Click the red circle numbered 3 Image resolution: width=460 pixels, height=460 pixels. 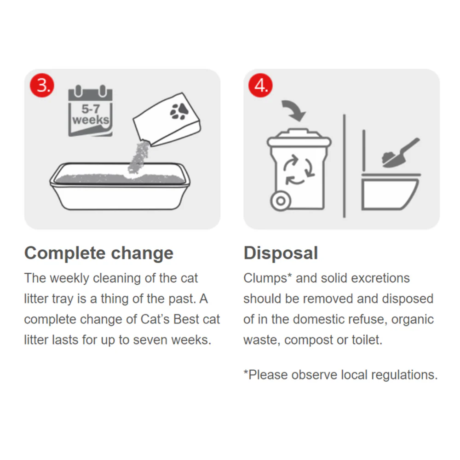[x=42, y=85]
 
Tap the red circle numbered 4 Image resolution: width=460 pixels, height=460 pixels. [x=260, y=85]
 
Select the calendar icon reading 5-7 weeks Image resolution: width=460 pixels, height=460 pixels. [x=90, y=110]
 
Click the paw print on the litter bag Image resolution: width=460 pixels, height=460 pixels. [x=179, y=111]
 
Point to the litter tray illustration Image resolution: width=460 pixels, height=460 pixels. [x=120, y=186]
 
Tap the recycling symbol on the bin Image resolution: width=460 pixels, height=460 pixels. [x=299, y=170]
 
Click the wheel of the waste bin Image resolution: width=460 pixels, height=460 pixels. [x=281, y=201]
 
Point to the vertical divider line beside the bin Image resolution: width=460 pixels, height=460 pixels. [x=344, y=166]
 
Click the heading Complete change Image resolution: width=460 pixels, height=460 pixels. [x=99, y=253]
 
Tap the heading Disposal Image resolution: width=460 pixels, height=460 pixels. [x=281, y=253]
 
